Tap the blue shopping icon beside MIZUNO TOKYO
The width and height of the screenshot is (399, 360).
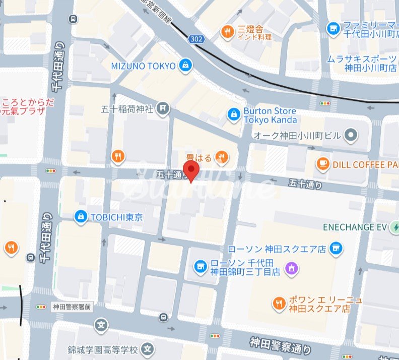click(186, 65)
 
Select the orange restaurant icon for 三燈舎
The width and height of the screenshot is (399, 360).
click(228, 32)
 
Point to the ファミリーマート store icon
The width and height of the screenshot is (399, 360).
click(332, 28)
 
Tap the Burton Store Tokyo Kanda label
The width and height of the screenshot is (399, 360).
click(270, 115)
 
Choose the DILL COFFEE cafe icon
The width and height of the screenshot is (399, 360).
click(322, 164)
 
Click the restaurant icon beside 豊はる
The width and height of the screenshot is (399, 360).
click(221, 158)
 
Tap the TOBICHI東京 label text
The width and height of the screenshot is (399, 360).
click(116, 217)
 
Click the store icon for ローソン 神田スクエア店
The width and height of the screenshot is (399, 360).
click(337, 248)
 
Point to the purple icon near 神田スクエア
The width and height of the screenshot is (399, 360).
click(291, 268)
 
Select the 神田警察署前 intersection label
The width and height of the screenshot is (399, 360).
click(72, 306)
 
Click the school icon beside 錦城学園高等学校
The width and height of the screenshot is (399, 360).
click(147, 348)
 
